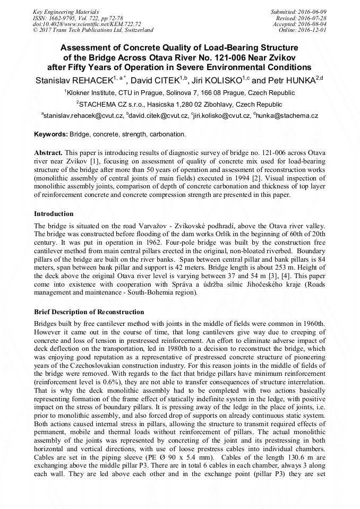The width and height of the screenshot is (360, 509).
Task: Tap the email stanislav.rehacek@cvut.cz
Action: (84, 115)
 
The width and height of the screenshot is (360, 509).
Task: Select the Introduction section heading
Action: (54, 214)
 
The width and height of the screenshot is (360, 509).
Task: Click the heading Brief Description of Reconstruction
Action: (89, 312)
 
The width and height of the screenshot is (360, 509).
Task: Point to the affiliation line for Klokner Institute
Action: (179, 92)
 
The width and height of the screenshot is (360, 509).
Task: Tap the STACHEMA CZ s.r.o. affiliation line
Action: (179, 104)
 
